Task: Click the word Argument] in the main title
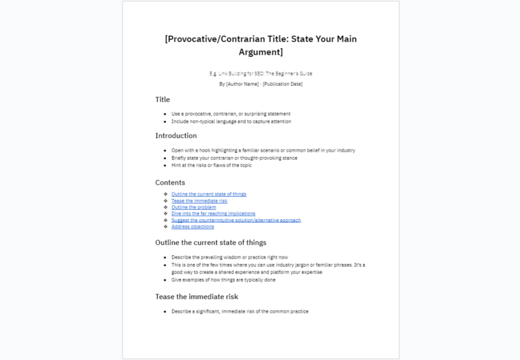(261, 52)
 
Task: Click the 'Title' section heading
(162, 99)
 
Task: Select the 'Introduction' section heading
(176, 135)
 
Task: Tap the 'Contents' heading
(170, 182)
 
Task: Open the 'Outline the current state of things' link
(209, 194)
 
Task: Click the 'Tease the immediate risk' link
(199, 201)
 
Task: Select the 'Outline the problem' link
(194, 207)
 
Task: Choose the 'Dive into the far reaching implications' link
(213, 214)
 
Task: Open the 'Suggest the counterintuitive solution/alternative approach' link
(236, 220)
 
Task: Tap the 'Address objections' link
(192, 227)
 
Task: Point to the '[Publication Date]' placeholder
(283, 84)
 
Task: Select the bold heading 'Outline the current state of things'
(211, 242)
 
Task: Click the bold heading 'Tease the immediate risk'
(196, 296)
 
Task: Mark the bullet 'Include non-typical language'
(231, 122)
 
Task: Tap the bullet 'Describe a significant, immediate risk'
(240, 311)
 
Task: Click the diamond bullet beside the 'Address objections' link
(165, 227)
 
